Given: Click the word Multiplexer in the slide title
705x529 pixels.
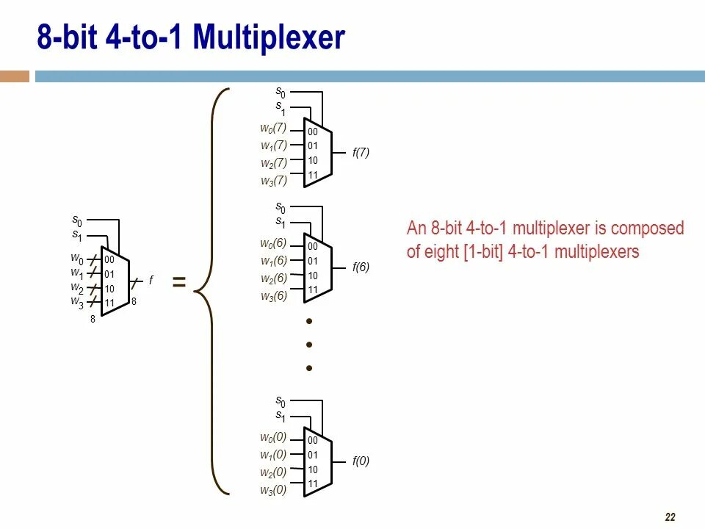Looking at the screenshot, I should (269, 37).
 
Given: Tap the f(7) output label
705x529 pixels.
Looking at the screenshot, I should (361, 153).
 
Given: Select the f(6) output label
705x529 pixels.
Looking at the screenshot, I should (361, 267).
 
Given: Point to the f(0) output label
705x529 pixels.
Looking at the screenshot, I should (361, 461).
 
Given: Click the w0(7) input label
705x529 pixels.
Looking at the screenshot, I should (273, 128).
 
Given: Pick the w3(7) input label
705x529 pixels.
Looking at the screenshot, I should (273, 180).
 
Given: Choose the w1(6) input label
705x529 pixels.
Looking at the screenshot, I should (273, 261).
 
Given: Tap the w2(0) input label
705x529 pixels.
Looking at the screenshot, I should (273, 472).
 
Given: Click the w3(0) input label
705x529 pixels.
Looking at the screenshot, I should (273, 490).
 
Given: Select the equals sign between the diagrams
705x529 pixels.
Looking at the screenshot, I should (178, 282).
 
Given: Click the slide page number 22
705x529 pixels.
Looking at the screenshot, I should (670, 517).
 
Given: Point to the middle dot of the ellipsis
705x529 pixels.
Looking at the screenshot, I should (310, 345).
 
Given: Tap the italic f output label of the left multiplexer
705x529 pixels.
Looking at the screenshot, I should (151, 280).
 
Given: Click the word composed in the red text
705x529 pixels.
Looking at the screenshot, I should (649, 228).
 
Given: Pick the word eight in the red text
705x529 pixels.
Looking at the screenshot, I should (441, 252).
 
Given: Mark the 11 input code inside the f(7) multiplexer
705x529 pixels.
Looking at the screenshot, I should (313, 175).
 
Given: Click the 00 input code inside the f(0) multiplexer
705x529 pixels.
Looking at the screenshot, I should (313, 441).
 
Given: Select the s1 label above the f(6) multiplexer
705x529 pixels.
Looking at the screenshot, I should (281, 222).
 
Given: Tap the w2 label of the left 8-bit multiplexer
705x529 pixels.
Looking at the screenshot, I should (77, 287).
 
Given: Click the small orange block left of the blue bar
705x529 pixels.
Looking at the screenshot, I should (15, 76).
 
